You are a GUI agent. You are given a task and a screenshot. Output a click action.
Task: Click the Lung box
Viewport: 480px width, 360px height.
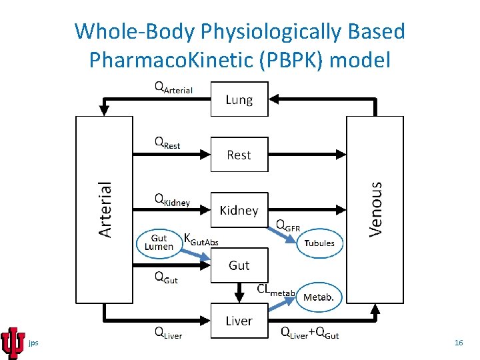coord(239,99)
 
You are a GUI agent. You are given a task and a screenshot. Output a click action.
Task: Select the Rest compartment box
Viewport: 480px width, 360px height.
coord(239,155)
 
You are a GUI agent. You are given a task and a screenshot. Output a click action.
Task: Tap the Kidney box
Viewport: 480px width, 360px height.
coord(239,210)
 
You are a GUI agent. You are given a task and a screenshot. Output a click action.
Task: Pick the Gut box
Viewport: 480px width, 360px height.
coord(239,265)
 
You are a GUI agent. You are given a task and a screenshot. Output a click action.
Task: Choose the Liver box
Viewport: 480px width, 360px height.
coord(239,321)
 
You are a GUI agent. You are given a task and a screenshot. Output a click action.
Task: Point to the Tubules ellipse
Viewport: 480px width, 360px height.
coord(319,243)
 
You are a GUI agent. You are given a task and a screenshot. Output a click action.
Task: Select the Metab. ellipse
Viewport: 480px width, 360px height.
coord(319,297)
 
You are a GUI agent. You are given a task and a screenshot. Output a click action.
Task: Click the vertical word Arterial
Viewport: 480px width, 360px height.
coord(105,209)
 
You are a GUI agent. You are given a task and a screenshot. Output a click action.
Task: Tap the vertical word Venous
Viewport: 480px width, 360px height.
coord(376,208)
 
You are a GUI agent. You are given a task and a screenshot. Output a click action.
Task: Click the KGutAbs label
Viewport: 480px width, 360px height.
coord(200,240)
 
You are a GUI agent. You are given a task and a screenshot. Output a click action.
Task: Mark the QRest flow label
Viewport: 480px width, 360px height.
coord(167,143)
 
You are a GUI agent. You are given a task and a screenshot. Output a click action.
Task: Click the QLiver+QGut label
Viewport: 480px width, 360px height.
coord(309,333)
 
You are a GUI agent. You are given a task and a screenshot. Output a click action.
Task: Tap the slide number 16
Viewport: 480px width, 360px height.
coord(458,343)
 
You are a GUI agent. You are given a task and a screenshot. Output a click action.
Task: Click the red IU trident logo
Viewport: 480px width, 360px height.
coord(13,343)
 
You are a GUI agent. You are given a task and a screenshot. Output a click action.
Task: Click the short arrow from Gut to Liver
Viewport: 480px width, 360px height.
coord(239,292)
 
